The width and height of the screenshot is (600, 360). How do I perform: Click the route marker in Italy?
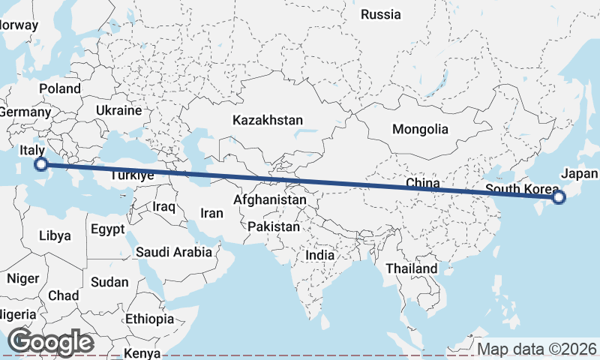[x=42, y=164]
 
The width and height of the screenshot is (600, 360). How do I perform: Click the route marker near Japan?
[x=558, y=197]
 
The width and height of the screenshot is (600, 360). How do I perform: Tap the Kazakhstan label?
[x=268, y=120]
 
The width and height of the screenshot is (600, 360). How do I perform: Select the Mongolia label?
[x=420, y=129]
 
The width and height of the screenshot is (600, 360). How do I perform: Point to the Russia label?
[x=381, y=14]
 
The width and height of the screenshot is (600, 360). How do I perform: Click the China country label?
[x=421, y=183]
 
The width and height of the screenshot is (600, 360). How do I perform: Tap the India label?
[x=319, y=255]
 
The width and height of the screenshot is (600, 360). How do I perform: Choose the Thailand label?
[x=411, y=268]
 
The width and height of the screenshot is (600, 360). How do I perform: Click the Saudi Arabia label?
[x=174, y=252]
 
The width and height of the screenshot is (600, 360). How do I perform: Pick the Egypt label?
[x=107, y=229]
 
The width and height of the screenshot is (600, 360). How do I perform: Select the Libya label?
[x=55, y=235]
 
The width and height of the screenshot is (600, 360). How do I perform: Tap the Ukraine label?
[x=118, y=110]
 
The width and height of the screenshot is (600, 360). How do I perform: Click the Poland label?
[x=60, y=88]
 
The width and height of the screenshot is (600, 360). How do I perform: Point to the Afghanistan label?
[x=270, y=200]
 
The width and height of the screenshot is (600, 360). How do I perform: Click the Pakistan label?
[x=274, y=226]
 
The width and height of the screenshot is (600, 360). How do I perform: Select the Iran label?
[x=211, y=213]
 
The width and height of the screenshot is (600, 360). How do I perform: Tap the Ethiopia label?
[x=149, y=319]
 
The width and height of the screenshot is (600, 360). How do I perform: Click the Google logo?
[x=50, y=342]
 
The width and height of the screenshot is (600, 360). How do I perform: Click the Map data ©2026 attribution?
[x=537, y=349]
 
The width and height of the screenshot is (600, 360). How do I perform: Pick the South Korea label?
[x=522, y=188]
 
